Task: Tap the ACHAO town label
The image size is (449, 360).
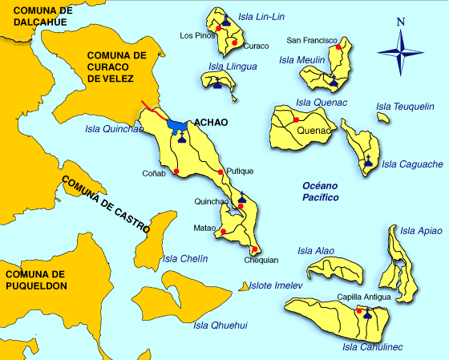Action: [x=211, y=123]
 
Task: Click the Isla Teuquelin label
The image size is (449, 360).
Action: [x=405, y=106]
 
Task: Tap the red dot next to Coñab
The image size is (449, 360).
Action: [x=176, y=171]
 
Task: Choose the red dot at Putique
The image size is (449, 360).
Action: [x=220, y=172]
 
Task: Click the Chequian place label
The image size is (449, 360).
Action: [x=261, y=259]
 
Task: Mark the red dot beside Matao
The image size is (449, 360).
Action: [x=224, y=233]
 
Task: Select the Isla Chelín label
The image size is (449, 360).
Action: [x=185, y=258]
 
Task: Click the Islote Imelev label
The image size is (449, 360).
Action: [x=275, y=285]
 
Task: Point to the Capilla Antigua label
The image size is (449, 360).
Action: [x=364, y=297]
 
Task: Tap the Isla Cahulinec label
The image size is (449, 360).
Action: [x=372, y=346]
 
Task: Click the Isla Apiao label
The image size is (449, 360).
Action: [x=419, y=231]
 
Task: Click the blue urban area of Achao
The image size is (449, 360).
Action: [x=177, y=125]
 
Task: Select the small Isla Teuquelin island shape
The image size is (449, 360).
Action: [x=383, y=118]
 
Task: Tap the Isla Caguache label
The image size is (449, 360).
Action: [x=412, y=164]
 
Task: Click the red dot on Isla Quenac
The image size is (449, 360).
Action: [x=296, y=119]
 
